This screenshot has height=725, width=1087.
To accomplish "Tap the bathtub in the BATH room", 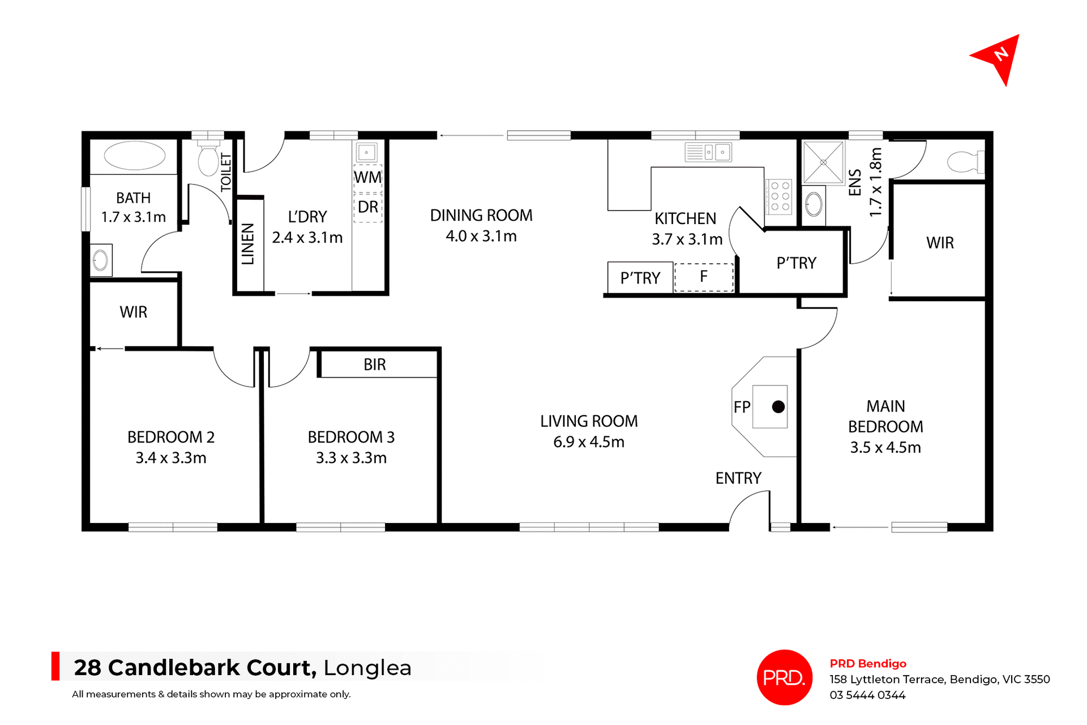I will [135, 156].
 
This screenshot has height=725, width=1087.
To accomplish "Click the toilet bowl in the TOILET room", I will [208, 160].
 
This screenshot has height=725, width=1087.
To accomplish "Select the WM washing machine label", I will [368, 177].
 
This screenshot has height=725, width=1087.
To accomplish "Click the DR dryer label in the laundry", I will [368, 207].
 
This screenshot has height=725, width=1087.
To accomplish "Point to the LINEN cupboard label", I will [248, 244].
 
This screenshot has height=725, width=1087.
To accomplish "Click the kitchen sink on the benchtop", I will [708, 152].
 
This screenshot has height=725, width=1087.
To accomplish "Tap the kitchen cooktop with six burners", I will [780, 196].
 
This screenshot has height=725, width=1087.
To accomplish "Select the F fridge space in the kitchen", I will [704, 277].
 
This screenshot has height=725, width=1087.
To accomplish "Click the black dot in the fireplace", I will [778, 406].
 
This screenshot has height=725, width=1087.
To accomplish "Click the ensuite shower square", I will [823, 162].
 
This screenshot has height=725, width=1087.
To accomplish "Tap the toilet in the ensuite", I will [965, 162].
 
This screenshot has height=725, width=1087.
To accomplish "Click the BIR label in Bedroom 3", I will [375, 364].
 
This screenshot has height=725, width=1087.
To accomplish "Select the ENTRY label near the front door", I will [738, 478].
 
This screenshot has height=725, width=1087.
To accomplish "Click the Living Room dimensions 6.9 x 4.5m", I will [589, 442].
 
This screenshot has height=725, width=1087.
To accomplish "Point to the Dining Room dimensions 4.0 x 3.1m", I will [481, 236].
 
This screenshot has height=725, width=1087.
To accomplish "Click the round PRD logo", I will [784, 677].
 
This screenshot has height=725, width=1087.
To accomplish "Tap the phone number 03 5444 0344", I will [867, 695].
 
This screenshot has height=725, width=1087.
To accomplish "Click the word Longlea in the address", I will [367, 668].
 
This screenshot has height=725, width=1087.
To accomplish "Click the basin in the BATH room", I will [101, 260].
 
